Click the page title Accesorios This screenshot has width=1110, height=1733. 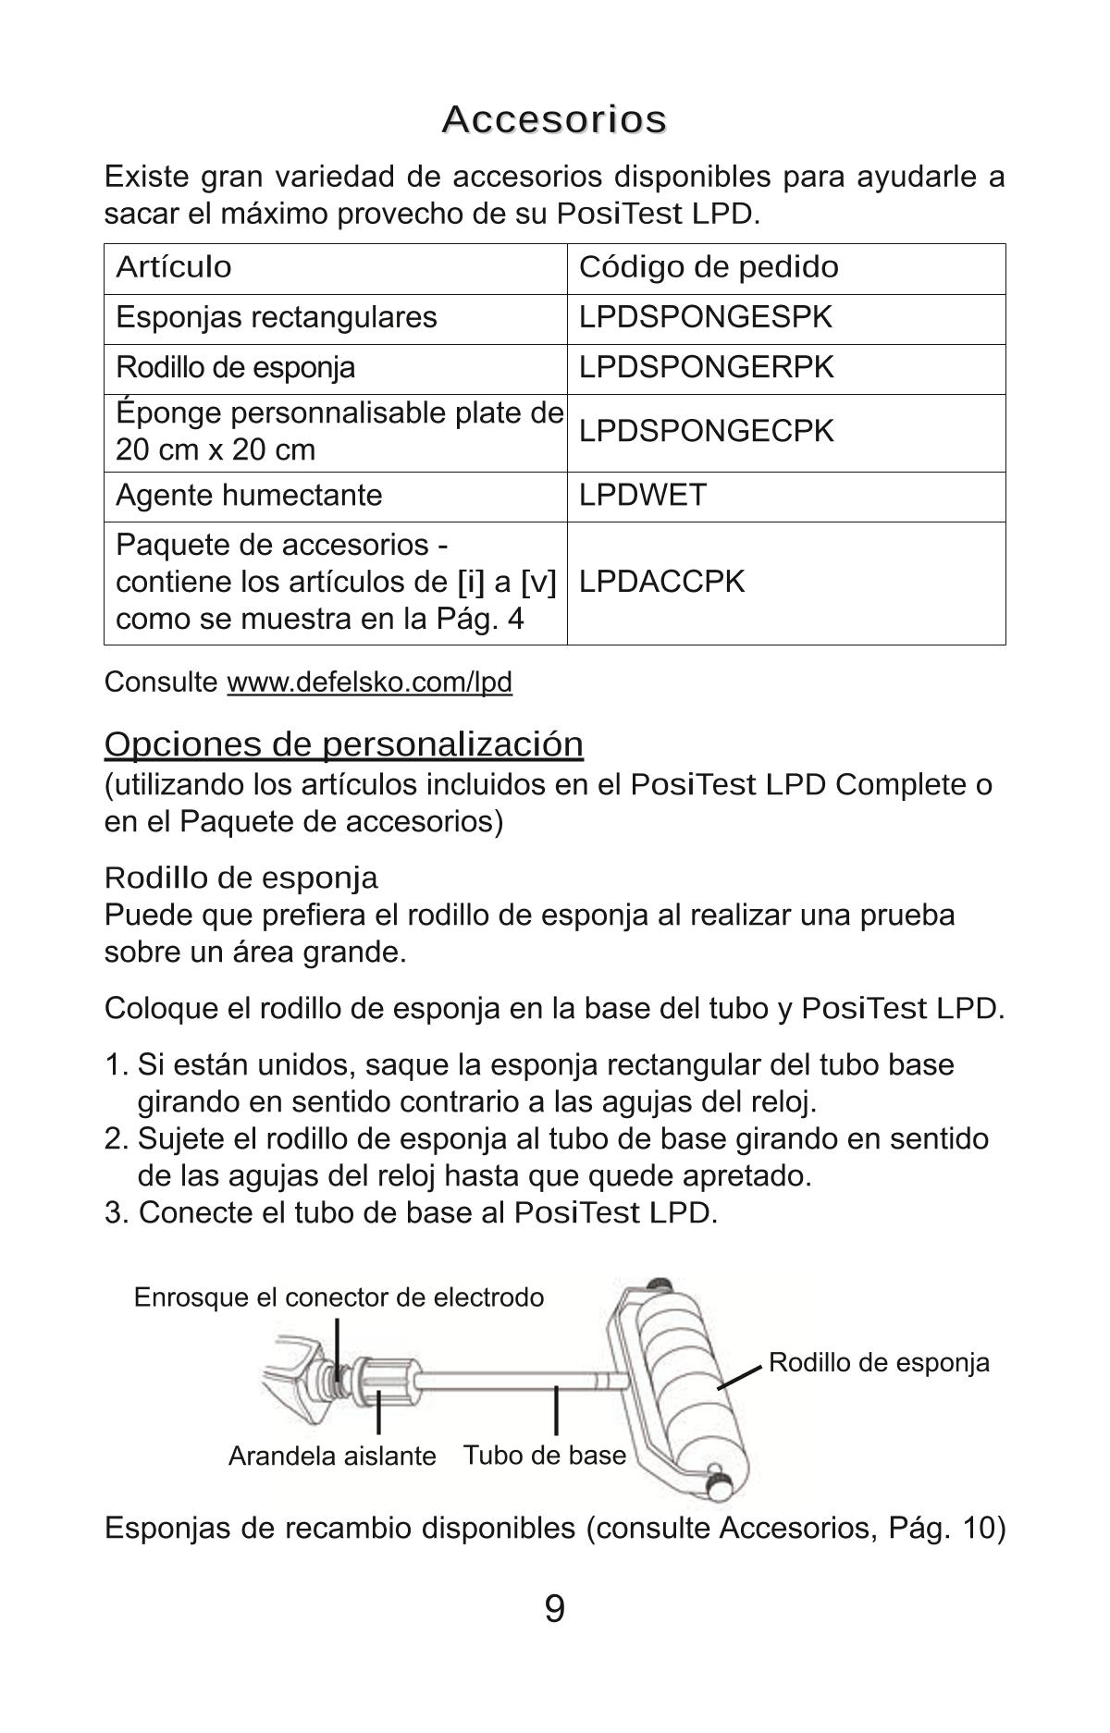click(554, 119)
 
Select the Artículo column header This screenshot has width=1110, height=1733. click(174, 267)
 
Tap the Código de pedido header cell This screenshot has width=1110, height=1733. click(709, 267)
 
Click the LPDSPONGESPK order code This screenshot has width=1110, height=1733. click(705, 317)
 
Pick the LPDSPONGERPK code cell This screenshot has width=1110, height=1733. click(706, 367)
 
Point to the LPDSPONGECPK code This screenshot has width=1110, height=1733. click(706, 431)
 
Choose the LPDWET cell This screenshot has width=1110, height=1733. click(642, 495)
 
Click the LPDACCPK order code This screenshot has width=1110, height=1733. click(661, 582)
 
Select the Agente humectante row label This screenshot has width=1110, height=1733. click(249, 495)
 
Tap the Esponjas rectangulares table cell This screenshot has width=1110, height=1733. click(276, 317)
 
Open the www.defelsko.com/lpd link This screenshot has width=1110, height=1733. click(369, 682)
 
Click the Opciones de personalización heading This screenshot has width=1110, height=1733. click(343, 744)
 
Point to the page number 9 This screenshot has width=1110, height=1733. click(554, 1609)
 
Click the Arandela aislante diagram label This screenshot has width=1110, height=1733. click(331, 1456)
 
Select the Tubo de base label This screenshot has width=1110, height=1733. click(544, 1456)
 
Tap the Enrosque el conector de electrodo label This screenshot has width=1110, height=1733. click(339, 1297)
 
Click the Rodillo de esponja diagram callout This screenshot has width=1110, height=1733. click(879, 1362)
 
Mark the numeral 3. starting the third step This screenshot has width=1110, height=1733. click(117, 1212)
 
